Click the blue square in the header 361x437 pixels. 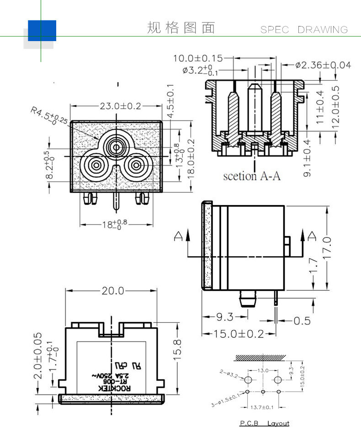(42, 30)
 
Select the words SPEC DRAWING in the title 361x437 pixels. (304, 30)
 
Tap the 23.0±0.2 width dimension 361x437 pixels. (121, 106)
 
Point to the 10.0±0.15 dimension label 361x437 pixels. (197, 58)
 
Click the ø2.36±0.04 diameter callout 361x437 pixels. (323, 65)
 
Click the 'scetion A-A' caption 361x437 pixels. (251, 176)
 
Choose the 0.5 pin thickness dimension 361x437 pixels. (302, 321)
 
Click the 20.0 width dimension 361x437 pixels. (112, 291)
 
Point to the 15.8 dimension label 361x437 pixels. (178, 349)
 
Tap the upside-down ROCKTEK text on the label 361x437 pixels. (115, 388)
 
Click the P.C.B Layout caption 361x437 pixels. (265, 423)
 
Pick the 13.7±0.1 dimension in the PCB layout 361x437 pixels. (263, 406)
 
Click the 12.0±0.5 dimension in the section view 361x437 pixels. (335, 107)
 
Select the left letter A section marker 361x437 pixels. (178, 236)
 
